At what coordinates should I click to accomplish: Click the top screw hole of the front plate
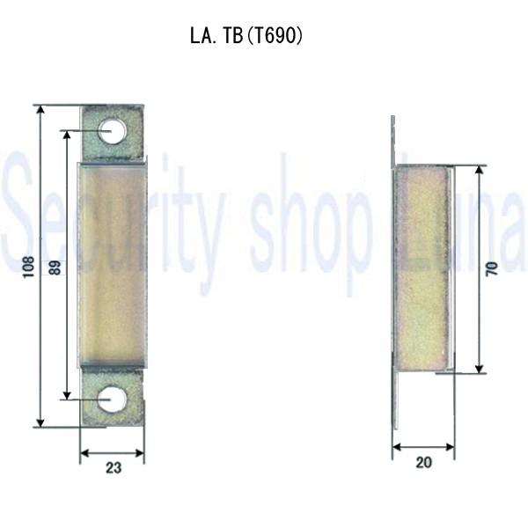pyautogui.click(x=113, y=132)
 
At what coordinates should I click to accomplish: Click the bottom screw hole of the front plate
pyautogui.click(x=112, y=399)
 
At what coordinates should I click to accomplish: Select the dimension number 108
pyautogui.click(x=28, y=267)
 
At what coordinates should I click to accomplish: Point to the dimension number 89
pyautogui.click(x=55, y=267)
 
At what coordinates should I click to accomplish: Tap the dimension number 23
pyautogui.click(x=113, y=468)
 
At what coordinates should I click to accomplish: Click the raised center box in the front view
pyautogui.click(x=113, y=264)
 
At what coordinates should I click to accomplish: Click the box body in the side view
pyautogui.click(x=422, y=267)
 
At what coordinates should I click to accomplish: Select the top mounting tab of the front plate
pyautogui.click(x=113, y=133)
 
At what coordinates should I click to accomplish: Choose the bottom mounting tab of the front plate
pyautogui.click(x=112, y=398)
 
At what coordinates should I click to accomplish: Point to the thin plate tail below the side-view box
pyautogui.click(x=396, y=400)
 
